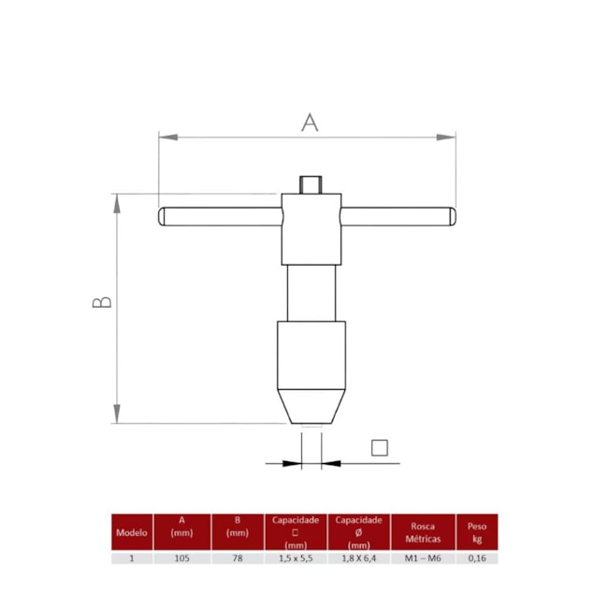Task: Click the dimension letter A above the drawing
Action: coord(310,122)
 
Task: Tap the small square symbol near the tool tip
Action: coord(379,447)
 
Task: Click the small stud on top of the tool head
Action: coord(311,184)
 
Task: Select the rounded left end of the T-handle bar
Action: coord(164,216)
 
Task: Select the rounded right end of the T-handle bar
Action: coord(452,216)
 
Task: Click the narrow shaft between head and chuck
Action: coord(311,294)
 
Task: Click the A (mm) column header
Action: coord(181,527)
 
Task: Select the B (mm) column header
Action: coord(238,527)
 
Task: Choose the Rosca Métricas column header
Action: coord(423,532)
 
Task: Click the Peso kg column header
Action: coord(477,532)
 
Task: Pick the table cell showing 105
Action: coord(181,557)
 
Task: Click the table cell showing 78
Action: coord(238,557)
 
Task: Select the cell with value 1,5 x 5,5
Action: coord(296,557)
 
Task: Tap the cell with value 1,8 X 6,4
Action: coord(358,557)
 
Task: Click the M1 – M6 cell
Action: coord(423,557)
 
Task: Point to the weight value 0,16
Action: coord(477,557)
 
